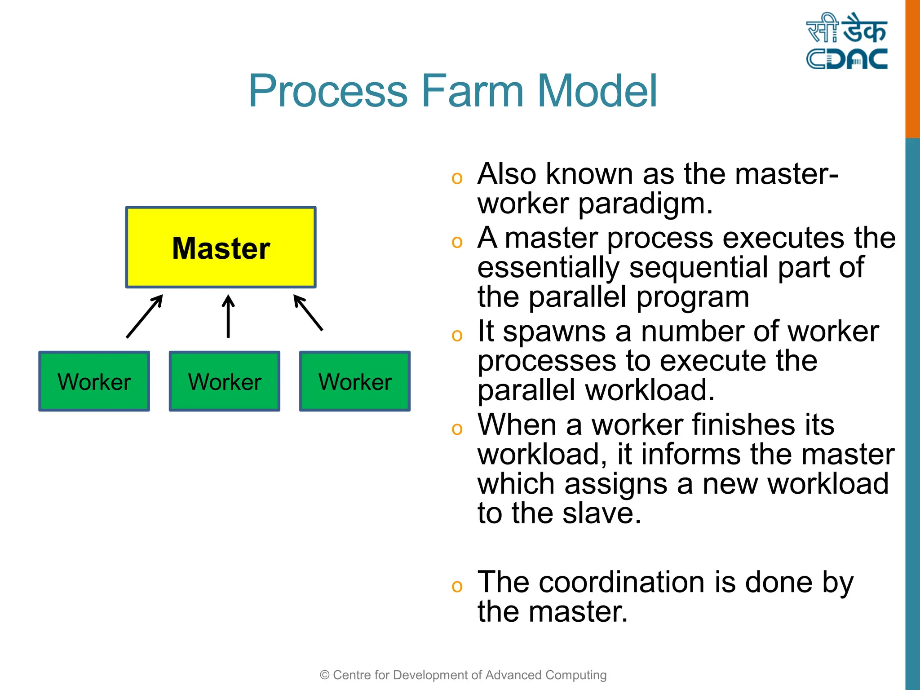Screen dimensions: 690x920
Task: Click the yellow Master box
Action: coord(221,247)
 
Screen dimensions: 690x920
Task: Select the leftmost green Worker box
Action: coord(94,381)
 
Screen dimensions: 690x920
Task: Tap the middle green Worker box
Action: coord(225,381)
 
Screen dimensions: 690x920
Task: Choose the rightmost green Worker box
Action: coord(355,381)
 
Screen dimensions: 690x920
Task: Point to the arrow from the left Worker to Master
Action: coord(144,316)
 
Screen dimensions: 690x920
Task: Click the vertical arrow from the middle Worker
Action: coord(228,316)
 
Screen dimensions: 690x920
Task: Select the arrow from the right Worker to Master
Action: coord(308,313)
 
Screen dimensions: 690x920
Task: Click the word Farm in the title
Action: coord(472,91)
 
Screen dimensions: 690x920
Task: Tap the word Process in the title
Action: coord(328,91)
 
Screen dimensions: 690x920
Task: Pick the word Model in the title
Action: coord(597,91)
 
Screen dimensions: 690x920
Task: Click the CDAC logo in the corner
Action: coord(846,41)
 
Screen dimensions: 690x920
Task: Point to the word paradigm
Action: coord(645,204)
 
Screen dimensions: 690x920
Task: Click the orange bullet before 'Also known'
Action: coord(457,178)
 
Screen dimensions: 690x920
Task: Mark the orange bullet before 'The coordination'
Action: coord(457,586)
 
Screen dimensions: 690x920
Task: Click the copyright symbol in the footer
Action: coord(324,675)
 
